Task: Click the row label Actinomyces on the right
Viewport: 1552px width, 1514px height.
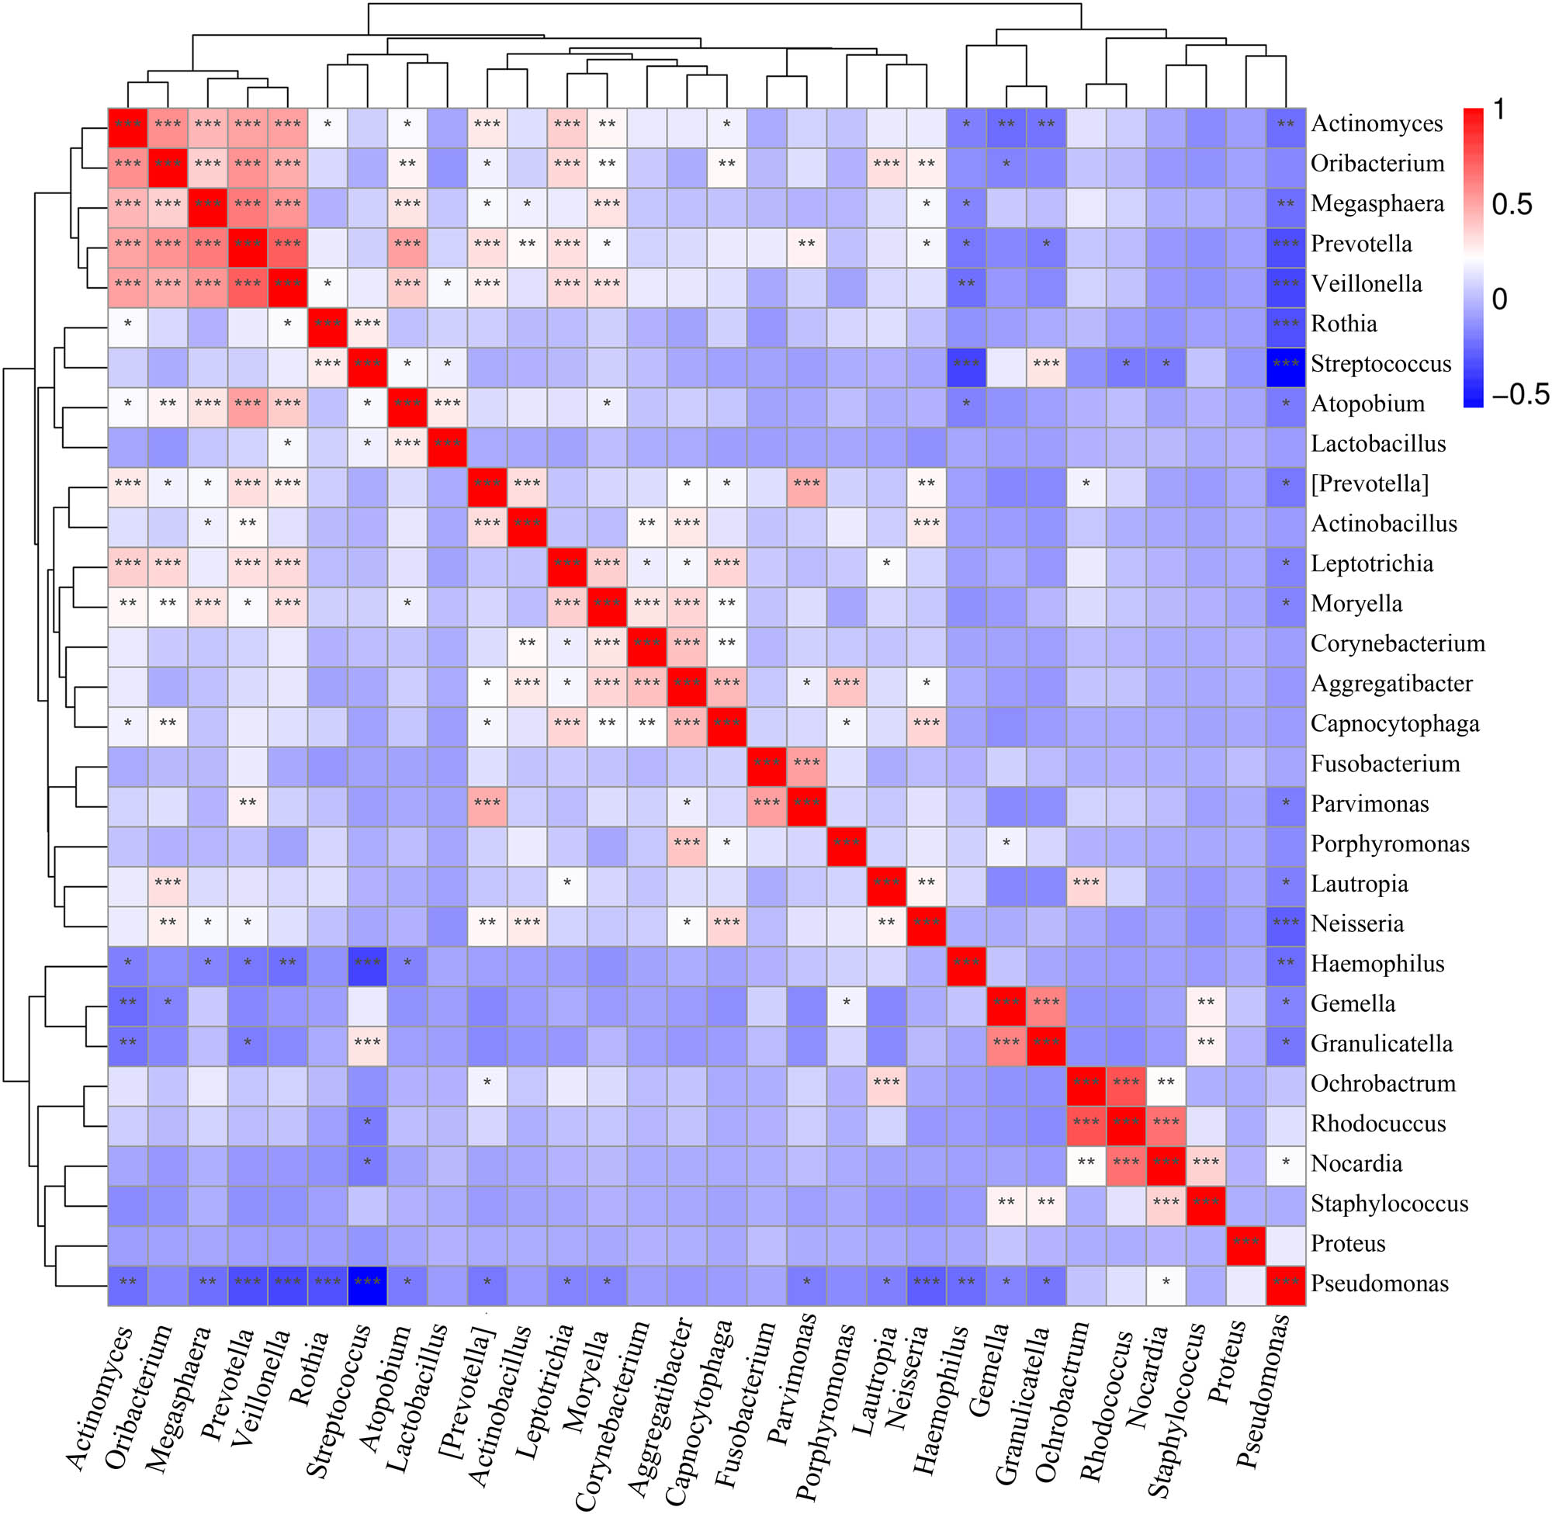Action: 1377,124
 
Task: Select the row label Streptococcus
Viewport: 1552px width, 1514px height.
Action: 1381,364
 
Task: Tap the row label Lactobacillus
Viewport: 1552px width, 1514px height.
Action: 1378,444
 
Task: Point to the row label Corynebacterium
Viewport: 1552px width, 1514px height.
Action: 1397,643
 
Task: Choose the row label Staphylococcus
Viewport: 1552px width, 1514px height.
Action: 1389,1203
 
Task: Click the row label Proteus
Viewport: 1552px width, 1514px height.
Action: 1348,1243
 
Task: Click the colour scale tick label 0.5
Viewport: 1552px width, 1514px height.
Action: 1512,204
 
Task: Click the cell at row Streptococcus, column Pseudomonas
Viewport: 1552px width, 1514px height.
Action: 1286,364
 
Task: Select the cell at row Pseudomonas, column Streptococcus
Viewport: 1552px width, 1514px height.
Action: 367,1283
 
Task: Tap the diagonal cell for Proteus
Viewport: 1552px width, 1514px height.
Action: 1246,1243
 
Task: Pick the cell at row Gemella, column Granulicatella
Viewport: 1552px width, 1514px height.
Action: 1046,1003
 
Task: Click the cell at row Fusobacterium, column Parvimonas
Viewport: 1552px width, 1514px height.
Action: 806,764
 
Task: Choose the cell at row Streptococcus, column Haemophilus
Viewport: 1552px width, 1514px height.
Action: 966,364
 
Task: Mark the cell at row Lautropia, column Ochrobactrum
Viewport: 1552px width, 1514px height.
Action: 1086,883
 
